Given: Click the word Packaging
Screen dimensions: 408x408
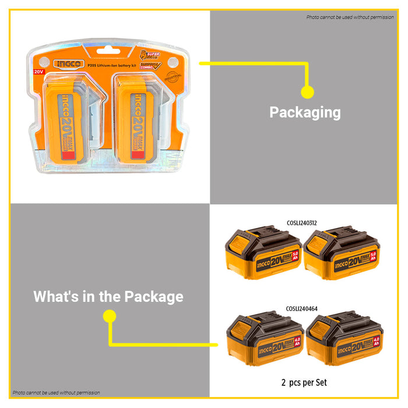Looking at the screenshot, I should pos(305,112).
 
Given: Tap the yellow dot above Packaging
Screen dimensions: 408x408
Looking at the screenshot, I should pos(307,92).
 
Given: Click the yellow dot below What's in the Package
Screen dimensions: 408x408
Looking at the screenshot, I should pos(109,316).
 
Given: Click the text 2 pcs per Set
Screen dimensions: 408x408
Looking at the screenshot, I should pos(304,383).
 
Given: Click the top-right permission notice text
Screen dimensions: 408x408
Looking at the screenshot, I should pos(350,17).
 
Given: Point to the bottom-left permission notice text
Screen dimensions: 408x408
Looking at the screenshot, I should pos(56,393).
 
